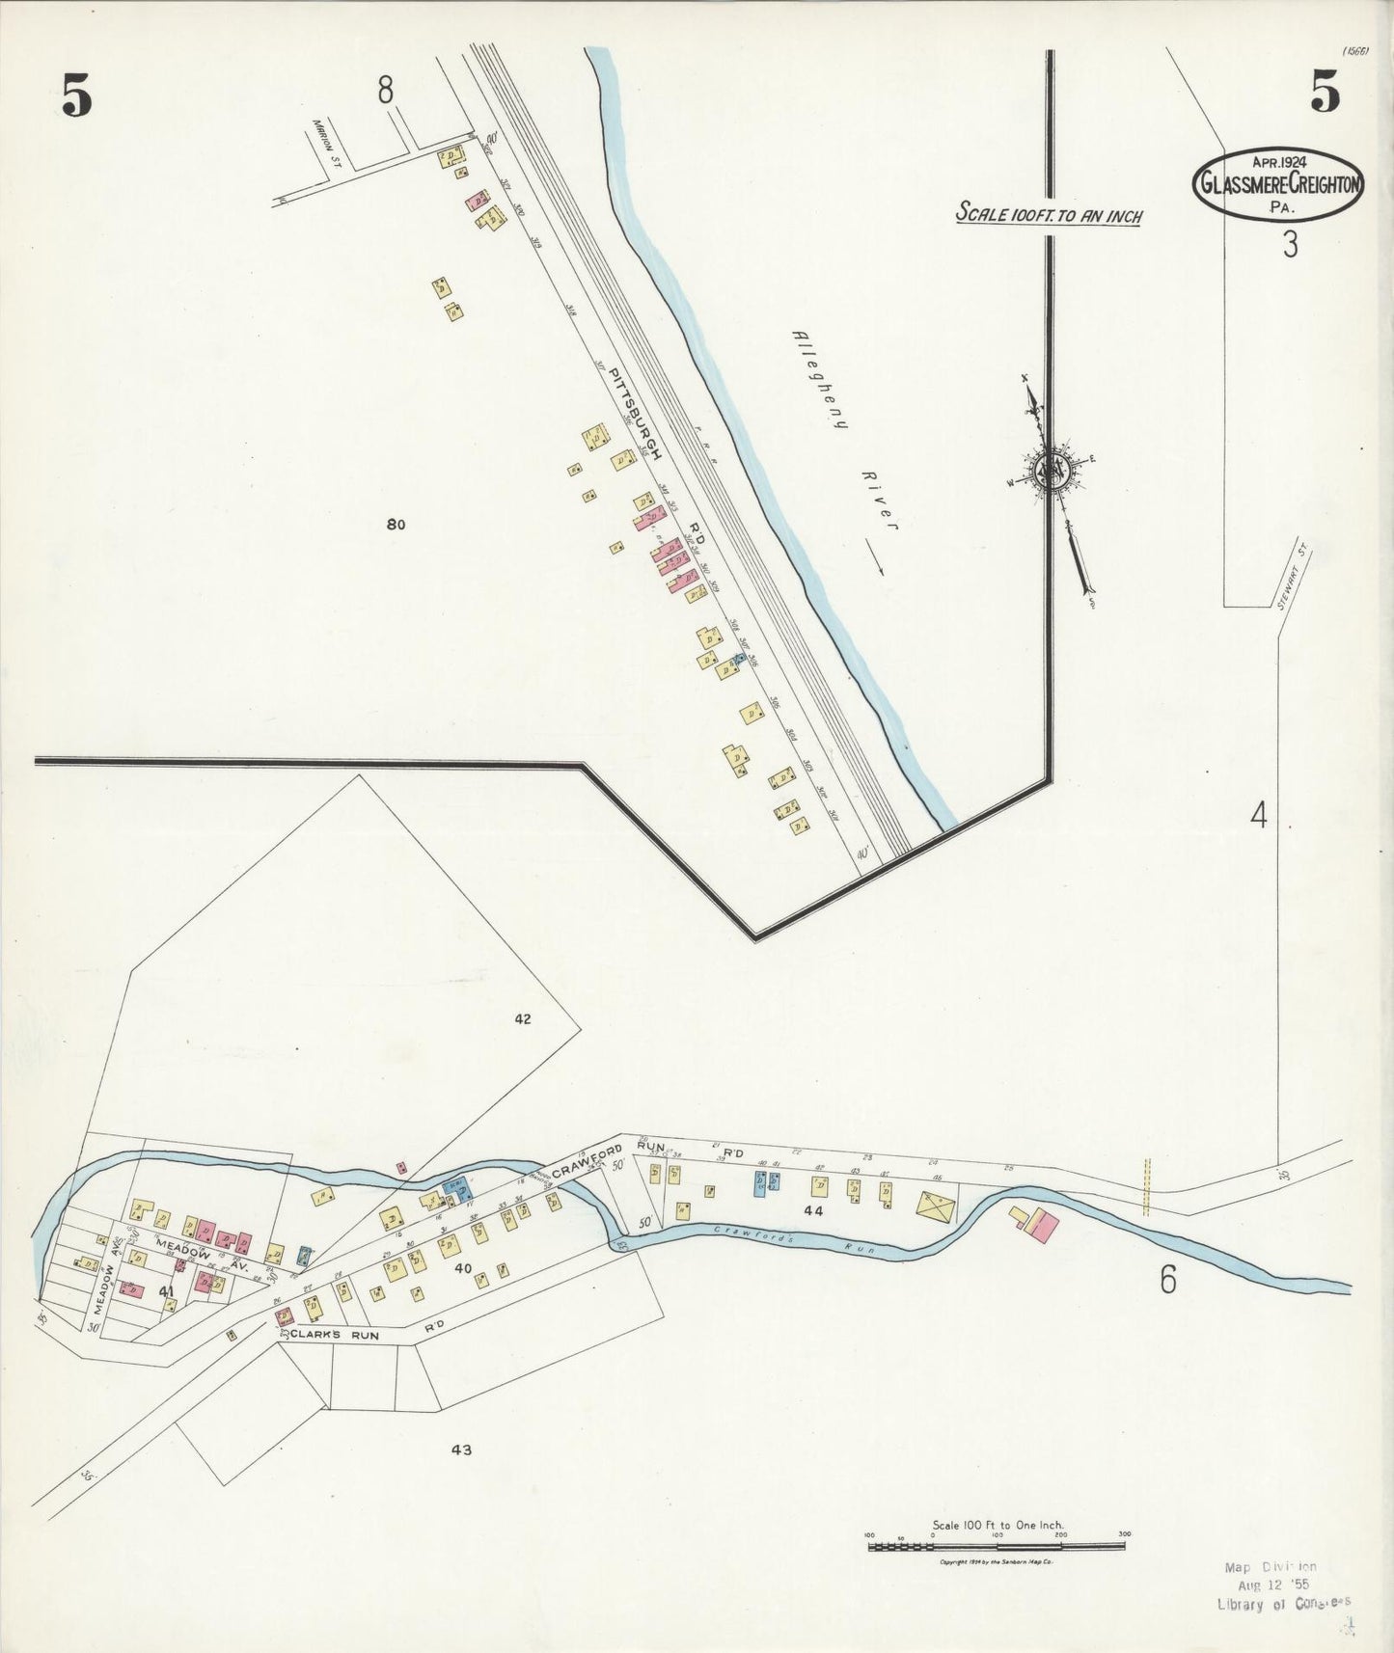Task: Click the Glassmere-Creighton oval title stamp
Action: point(1278,183)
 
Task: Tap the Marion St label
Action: point(320,141)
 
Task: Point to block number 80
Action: point(395,525)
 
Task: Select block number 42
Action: point(523,1018)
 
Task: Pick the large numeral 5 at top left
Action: point(77,95)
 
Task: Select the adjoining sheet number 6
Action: point(1168,1280)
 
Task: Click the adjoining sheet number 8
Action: point(386,91)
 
